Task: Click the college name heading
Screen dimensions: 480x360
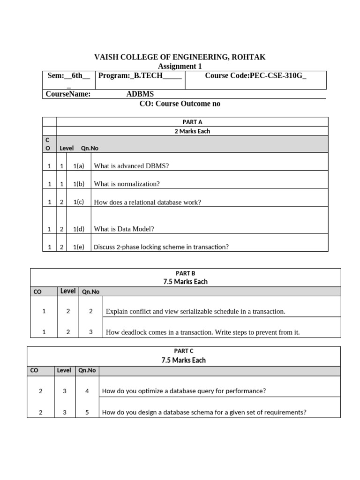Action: pos(180,57)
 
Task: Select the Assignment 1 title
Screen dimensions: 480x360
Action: pos(180,67)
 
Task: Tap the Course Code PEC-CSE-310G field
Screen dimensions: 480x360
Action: pos(256,75)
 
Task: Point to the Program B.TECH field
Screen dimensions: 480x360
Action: pos(140,75)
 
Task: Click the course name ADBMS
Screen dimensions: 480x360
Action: pos(140,94)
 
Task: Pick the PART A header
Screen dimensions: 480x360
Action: pos(192,122)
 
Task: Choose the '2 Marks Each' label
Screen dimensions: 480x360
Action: pos(192,131)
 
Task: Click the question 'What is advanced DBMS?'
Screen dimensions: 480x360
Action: pos(131,166)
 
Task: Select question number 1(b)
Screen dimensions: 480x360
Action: pos(79,184)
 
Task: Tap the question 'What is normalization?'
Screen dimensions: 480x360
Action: pos(127,184)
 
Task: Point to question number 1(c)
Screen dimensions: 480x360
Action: pos(79,202)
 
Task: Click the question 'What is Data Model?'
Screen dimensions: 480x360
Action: pos(124,229)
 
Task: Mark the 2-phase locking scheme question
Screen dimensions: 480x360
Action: pos(161,247)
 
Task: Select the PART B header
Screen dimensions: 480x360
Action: pos(185,273)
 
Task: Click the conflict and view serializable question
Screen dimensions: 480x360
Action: pos(195,311)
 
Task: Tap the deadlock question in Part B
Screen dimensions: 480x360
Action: pos(202,332)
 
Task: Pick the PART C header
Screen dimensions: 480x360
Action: pos(184,351)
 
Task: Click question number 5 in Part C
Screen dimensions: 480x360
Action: pos(87,412)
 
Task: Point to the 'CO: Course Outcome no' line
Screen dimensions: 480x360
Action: pos(180,104)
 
